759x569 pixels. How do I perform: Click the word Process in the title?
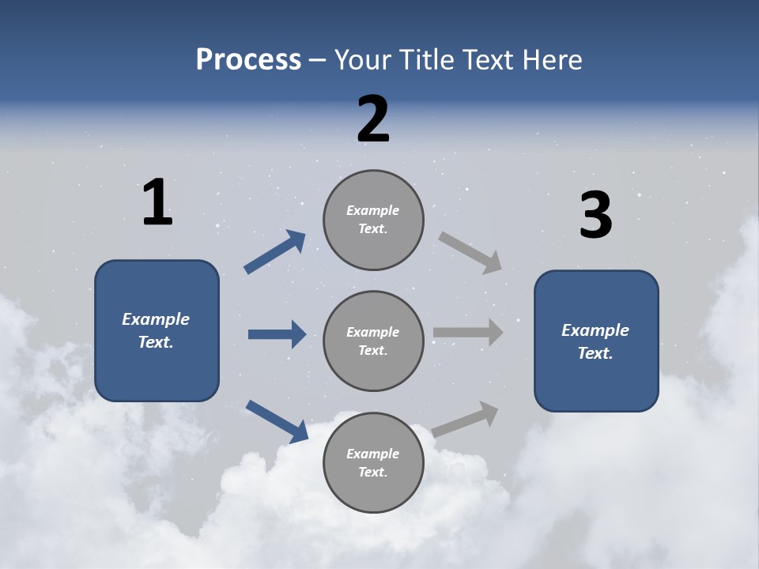[x=248, y=60]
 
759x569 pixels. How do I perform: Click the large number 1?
[x=157, y=202]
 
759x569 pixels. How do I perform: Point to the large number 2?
[x=373, y=119]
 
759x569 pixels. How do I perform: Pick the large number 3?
[x=595, y=215]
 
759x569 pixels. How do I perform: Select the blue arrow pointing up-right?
[x=275, y=251]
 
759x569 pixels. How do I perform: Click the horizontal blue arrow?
[x=277, y=334]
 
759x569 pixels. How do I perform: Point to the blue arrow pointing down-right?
[x=278, y=421]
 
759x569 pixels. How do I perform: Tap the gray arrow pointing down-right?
[x=470, y=253]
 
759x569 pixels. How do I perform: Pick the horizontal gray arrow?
[x=468, y=333]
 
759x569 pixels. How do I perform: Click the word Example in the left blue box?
[x=156, y=319]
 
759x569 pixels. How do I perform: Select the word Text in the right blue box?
[x=595, y=353]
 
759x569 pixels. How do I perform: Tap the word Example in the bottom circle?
[x=373, y=454]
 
